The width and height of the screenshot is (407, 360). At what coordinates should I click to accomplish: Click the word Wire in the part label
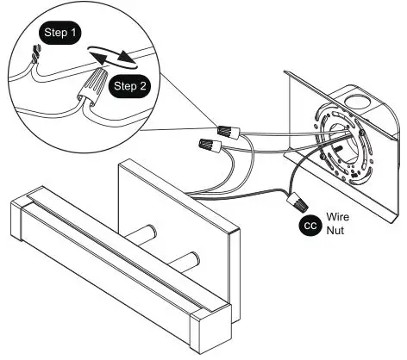tap(340, 218)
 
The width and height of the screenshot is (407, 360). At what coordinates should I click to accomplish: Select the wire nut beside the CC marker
tap(297, 202)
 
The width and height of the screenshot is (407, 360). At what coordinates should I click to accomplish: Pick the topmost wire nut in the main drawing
tap(229, 133)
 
